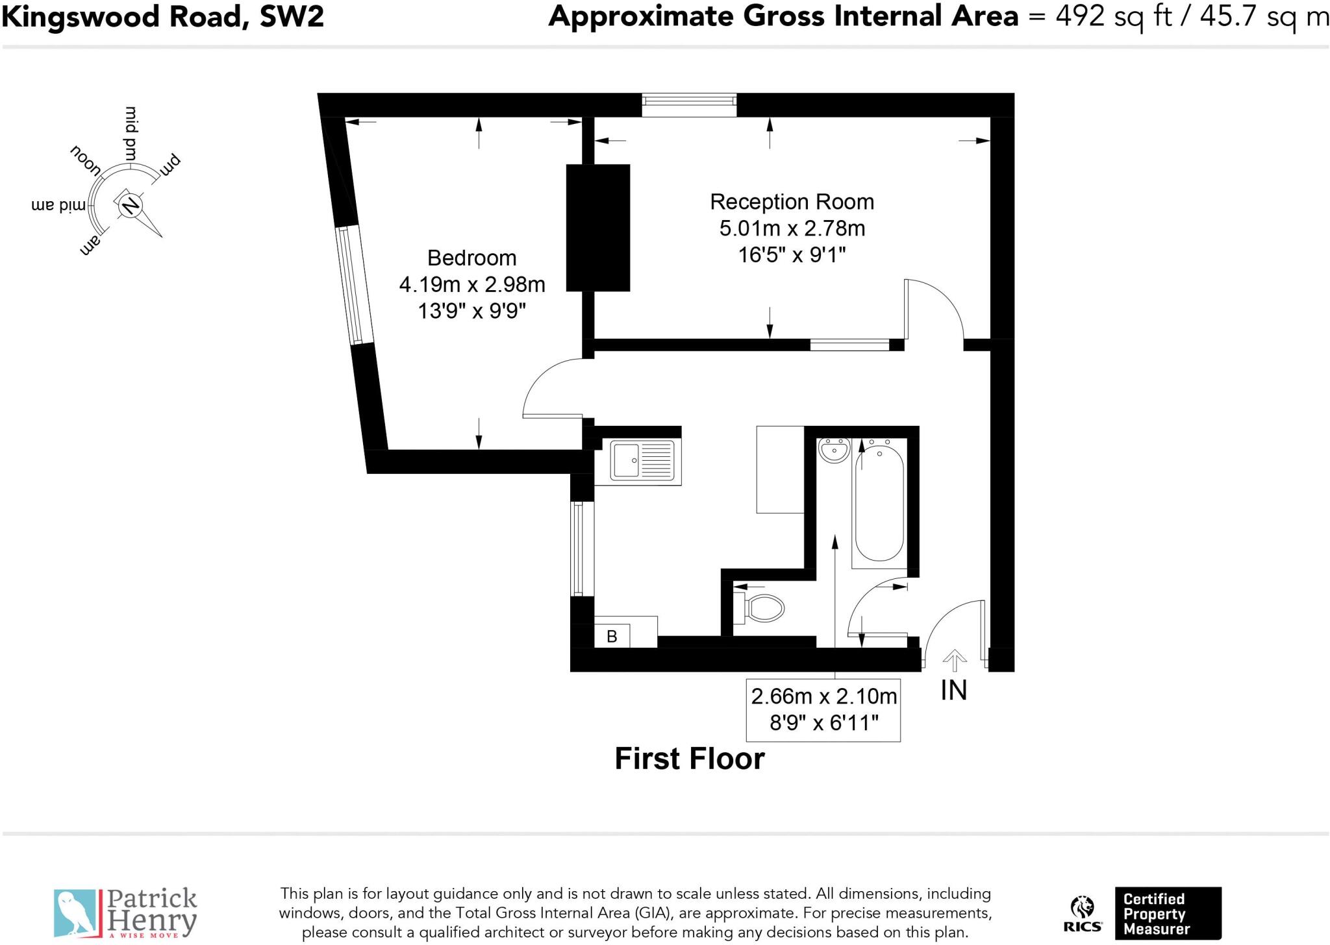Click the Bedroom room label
click(x=471, y=258)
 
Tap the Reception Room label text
click(x=792, y=202)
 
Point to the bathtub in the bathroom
click(x=879, y=504)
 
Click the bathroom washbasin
click(x=834, y=450)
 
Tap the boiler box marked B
click(x=612, y=636)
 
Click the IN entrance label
click(x=953, y=691)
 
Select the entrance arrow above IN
click(x=954, y=660)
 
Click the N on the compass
click(x=130, y=205)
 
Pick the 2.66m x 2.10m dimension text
click(x=823, y=696)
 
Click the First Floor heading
click(x=689, y=759)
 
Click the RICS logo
click(x=1082, y=914)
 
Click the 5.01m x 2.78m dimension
click(x=792, y=228)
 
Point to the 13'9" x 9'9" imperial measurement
click(x=471, y=312)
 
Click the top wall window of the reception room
click(x=689, y=104)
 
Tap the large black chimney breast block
click(x=597, y=227)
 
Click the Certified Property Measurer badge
click(x=1167, y=913)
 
